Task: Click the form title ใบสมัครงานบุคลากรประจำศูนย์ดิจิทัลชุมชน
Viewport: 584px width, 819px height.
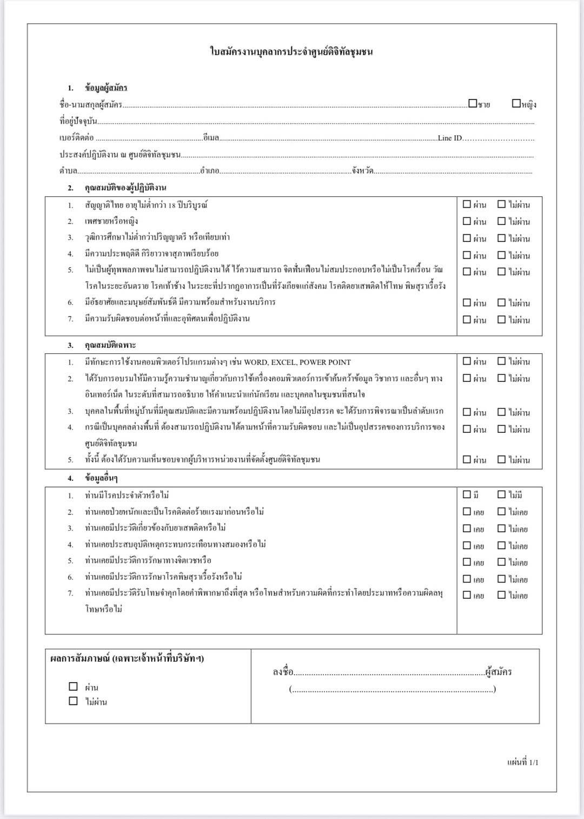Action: click(291, 52)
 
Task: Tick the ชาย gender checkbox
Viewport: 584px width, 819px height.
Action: click(473, 103)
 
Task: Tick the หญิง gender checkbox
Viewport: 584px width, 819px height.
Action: click(516, 103)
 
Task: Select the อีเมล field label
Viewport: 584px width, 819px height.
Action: click(211, 138)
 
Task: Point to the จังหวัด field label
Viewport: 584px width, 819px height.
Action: click(362, 171)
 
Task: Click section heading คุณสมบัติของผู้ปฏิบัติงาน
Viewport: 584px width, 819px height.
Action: click(125, 188)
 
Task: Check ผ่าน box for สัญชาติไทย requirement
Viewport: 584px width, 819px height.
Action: click(467, 204)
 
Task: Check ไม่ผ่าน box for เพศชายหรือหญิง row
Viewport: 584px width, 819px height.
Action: click(502, 221)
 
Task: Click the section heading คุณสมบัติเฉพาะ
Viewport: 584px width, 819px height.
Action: click(110, 345)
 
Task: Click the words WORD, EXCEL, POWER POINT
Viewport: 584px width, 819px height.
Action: click(297, 362)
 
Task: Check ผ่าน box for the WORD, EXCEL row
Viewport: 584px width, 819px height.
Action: click(467, 361)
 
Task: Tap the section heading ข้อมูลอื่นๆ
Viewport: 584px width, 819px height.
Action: click(101, 478)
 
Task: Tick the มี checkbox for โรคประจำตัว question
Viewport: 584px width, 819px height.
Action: click(467, 494)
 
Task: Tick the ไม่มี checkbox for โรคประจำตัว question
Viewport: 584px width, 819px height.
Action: click(502, 494)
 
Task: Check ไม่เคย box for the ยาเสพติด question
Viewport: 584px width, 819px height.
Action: click(502, 529)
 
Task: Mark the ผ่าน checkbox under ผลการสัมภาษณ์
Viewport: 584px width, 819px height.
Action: click(74, 686)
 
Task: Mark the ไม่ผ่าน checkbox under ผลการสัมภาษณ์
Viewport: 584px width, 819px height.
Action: click(74, 701)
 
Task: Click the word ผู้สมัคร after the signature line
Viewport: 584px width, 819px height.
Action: click(499, 672)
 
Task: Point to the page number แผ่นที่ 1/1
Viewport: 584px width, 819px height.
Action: click(522, 762)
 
